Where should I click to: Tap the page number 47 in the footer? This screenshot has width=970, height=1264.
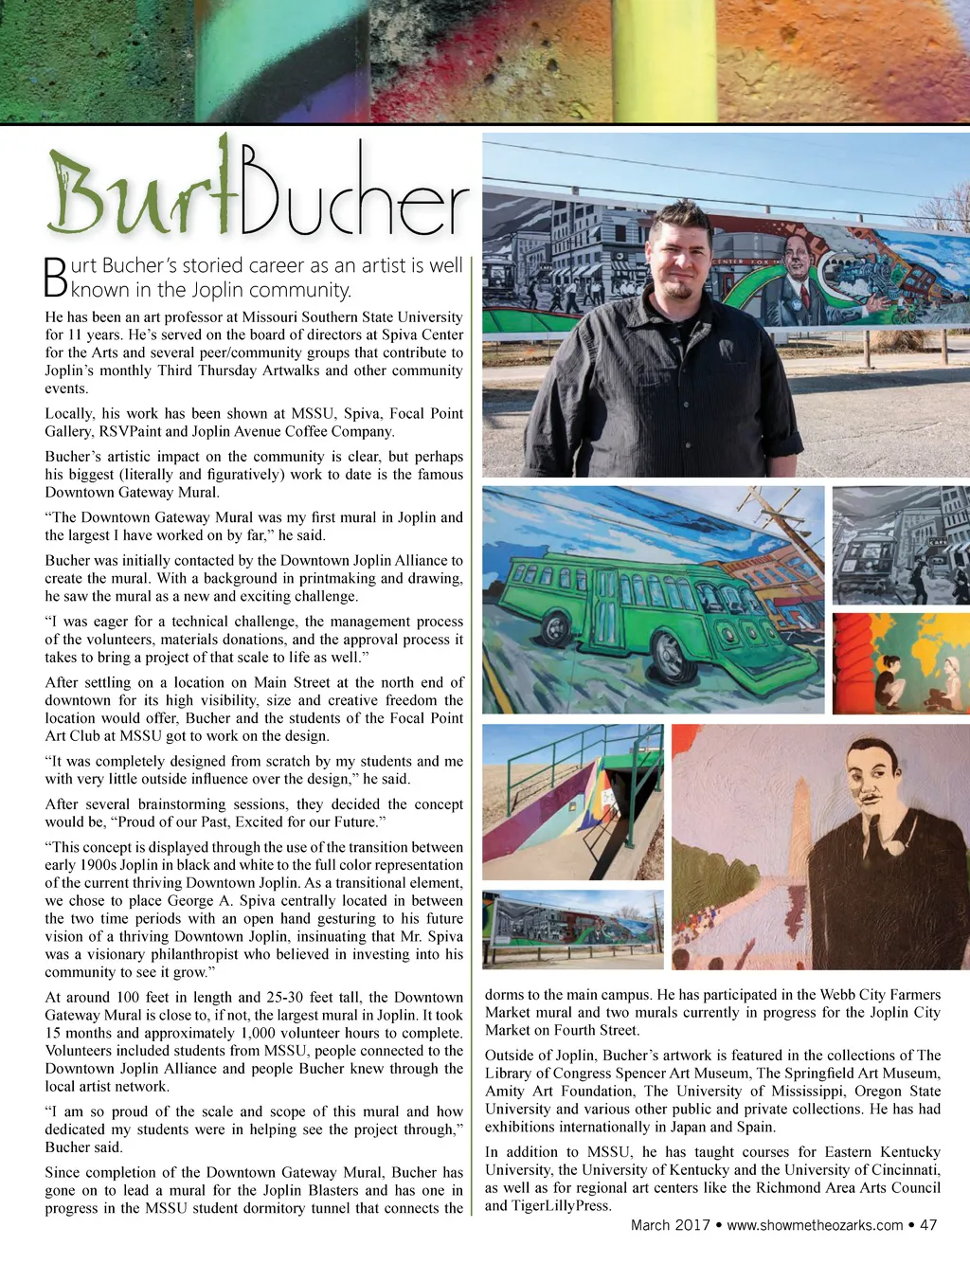point(928,1225)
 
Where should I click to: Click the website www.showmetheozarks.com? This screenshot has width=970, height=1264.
point(815,1225)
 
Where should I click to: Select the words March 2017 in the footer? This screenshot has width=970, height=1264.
point(670,1225)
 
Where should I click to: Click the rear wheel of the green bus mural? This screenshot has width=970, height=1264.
point(554,627)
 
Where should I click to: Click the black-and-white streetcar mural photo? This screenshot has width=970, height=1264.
point(899,545)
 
